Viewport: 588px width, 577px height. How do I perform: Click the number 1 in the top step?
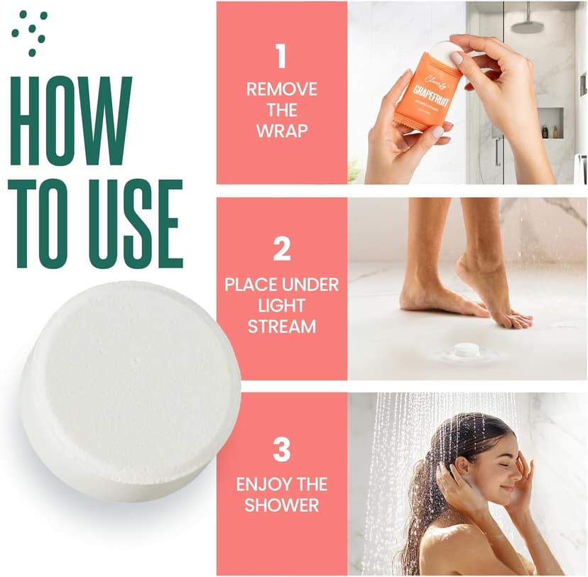281,56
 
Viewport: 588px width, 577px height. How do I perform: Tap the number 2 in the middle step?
281,249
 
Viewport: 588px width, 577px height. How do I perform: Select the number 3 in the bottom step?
281,449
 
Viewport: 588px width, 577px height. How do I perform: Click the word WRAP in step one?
281,132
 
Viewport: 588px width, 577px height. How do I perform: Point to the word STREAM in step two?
281,327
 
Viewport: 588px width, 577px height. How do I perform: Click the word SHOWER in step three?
281,506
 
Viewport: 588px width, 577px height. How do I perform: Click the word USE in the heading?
131,224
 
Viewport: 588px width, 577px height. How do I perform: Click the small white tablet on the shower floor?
467,349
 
